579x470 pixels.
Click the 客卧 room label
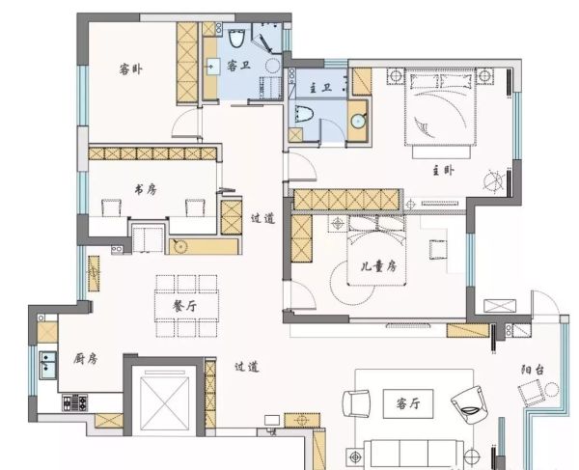[130, 69]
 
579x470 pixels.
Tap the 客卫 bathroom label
[238, 66]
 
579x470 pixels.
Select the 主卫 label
[320, 88]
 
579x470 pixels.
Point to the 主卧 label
[443, 171]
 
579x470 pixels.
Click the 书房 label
[145, 190]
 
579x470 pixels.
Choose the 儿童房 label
[378, 266]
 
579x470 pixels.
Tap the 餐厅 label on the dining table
[185, 306]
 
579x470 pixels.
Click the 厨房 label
[85, 358]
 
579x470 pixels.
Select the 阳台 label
[533, 370]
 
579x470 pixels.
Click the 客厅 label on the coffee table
[408, 403]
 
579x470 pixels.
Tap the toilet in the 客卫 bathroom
[236, 38]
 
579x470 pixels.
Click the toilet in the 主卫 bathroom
[304, 114]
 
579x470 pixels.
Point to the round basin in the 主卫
[358, 121]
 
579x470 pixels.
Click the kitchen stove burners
[75, 403]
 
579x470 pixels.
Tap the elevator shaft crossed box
[164, 403]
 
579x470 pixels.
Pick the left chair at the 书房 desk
[111, 207]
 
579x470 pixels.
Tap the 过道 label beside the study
[262, 218]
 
